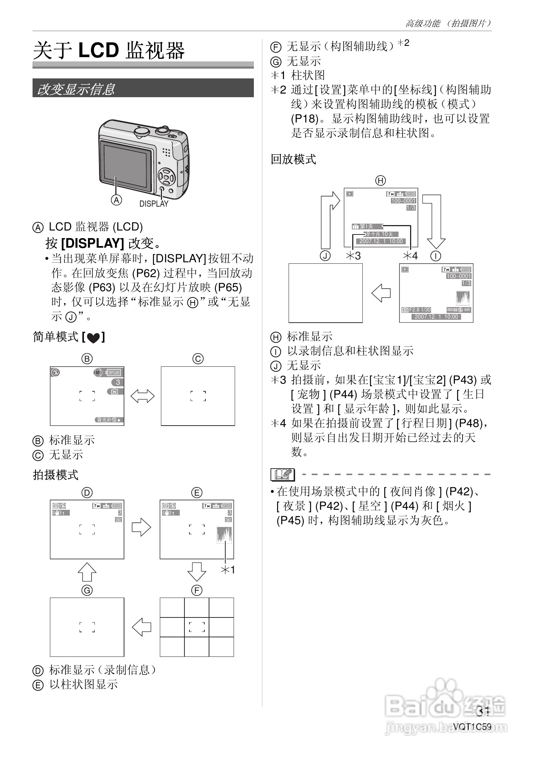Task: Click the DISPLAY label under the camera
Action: pyautogui.click(x=154, y=204)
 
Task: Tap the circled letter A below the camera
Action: pyautogui.click(x=116, y=200)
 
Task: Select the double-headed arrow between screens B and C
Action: pyautogui.click(x=142, y=396)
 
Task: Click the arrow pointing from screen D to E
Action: pyautogui.click(x=141, y=527)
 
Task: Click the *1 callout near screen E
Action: pyautogui.click(x=228, y=570)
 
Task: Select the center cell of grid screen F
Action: pyautogui.click(x=197, y=627)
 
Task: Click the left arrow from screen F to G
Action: pyautogui.click(x=142, y=627)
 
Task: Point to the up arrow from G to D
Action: pyautogui.click(x=87, y=572)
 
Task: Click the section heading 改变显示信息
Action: pyautogui.click(x=76, y=89)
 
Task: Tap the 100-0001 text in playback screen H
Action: pyautogui.click(x=403, y=201)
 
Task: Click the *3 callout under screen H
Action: pyautogui.click(x=353, y=256)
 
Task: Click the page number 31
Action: pyautogui.click(x=483, y=711)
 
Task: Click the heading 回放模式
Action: pyautogui.click(x=293, y=159)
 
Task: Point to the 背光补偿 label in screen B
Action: pyautogui.click(x=110, y=420)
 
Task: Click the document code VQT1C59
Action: pyautogui.click(x=472, y=726)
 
